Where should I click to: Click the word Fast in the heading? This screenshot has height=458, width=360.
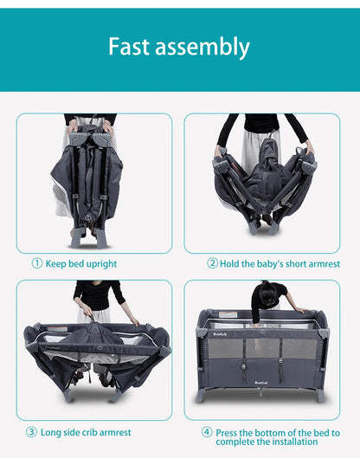(x=129, y=47)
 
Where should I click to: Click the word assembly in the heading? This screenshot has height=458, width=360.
(x=202, y=48)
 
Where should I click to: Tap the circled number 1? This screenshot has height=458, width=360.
(x=37, y=263)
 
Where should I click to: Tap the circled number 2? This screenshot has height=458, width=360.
(x=212, y=263)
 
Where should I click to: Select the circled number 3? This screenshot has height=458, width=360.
(x=31, y=432)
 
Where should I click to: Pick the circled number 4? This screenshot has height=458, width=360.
(x=207, y=432)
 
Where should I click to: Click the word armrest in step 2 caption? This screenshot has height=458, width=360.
(x=325, y=264)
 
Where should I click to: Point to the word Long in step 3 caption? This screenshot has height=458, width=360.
(x=50, y=433)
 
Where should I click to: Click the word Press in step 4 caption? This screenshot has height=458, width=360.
(x=226, y=433)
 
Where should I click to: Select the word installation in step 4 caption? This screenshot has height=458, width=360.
(x=294, y=442)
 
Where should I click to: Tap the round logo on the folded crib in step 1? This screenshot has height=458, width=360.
(x=88, y=217)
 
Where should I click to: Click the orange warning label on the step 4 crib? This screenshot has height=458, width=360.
(x=228, y=315)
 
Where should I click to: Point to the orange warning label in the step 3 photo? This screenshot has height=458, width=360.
(x=57, y=329)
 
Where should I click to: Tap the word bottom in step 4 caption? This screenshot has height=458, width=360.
(x=268, y=433)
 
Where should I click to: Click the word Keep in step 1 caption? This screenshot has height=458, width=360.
(x=55, y=264)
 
